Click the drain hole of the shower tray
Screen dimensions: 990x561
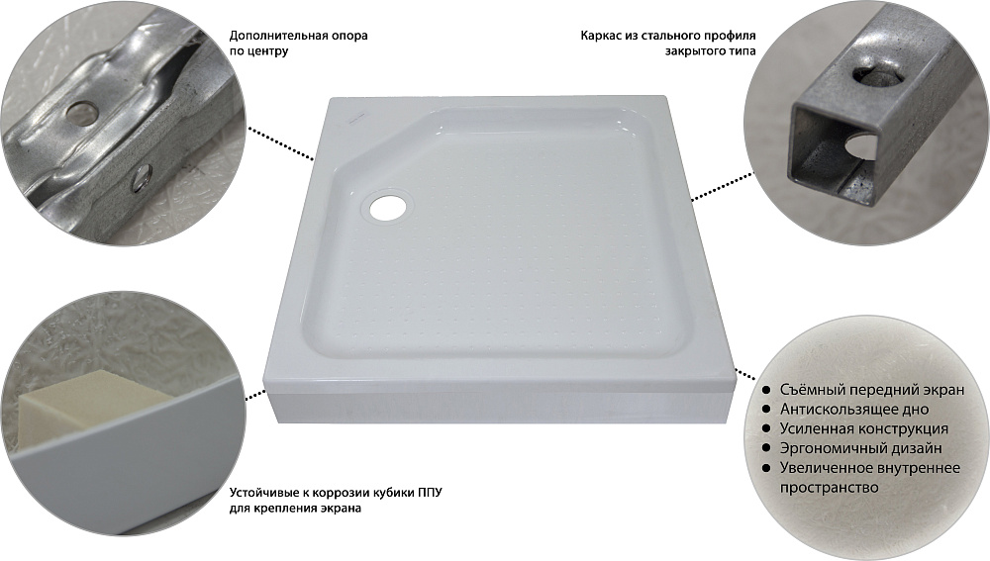pyautogui.click(x=388, y=205)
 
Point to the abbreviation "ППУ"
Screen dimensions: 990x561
pyautogui.click(x=430, y=492)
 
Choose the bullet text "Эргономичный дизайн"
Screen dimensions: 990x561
pyautogui.click(x=860, y=448)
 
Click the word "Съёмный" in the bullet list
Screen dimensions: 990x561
pyautogui.click(x=812, y=390)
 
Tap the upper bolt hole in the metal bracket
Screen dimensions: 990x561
pyautogui.click(x=83, y=112)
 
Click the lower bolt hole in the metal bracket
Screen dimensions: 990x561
pyautogui.click(x=141, y=177)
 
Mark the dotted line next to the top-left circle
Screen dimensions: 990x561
pyautogui.click(x=280, y=143)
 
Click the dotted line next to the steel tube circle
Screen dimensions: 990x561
pyautogui.click(x=723, y=186)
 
